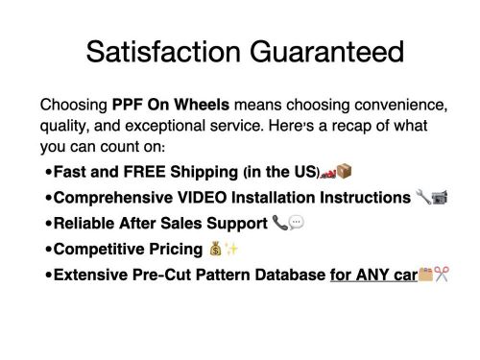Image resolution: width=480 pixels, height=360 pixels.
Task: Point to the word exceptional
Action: point(156,127)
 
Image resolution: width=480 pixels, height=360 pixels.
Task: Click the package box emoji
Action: point(345,173)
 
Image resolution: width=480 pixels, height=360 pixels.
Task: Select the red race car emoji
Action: point(328,173)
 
